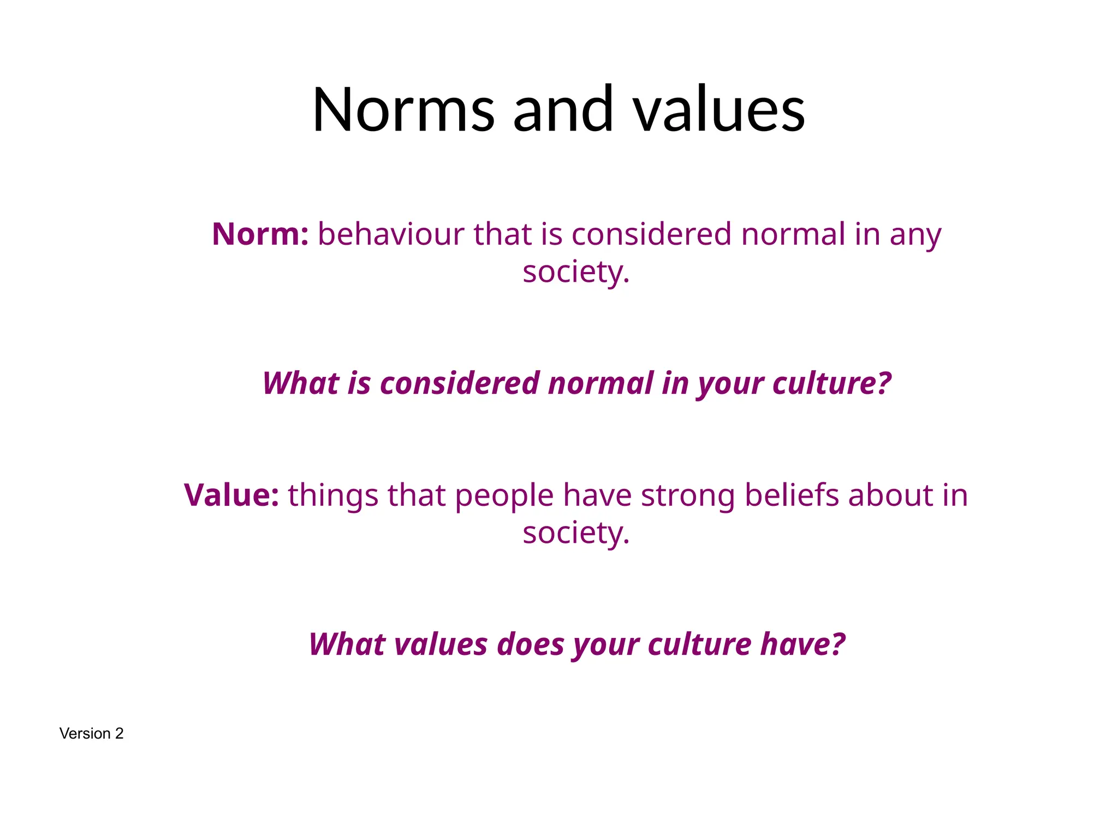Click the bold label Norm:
260,234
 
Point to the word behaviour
391,234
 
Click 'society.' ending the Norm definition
576,272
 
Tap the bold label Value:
231,495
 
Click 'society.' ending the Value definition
576,533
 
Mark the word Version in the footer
85,734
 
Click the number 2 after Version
119,734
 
